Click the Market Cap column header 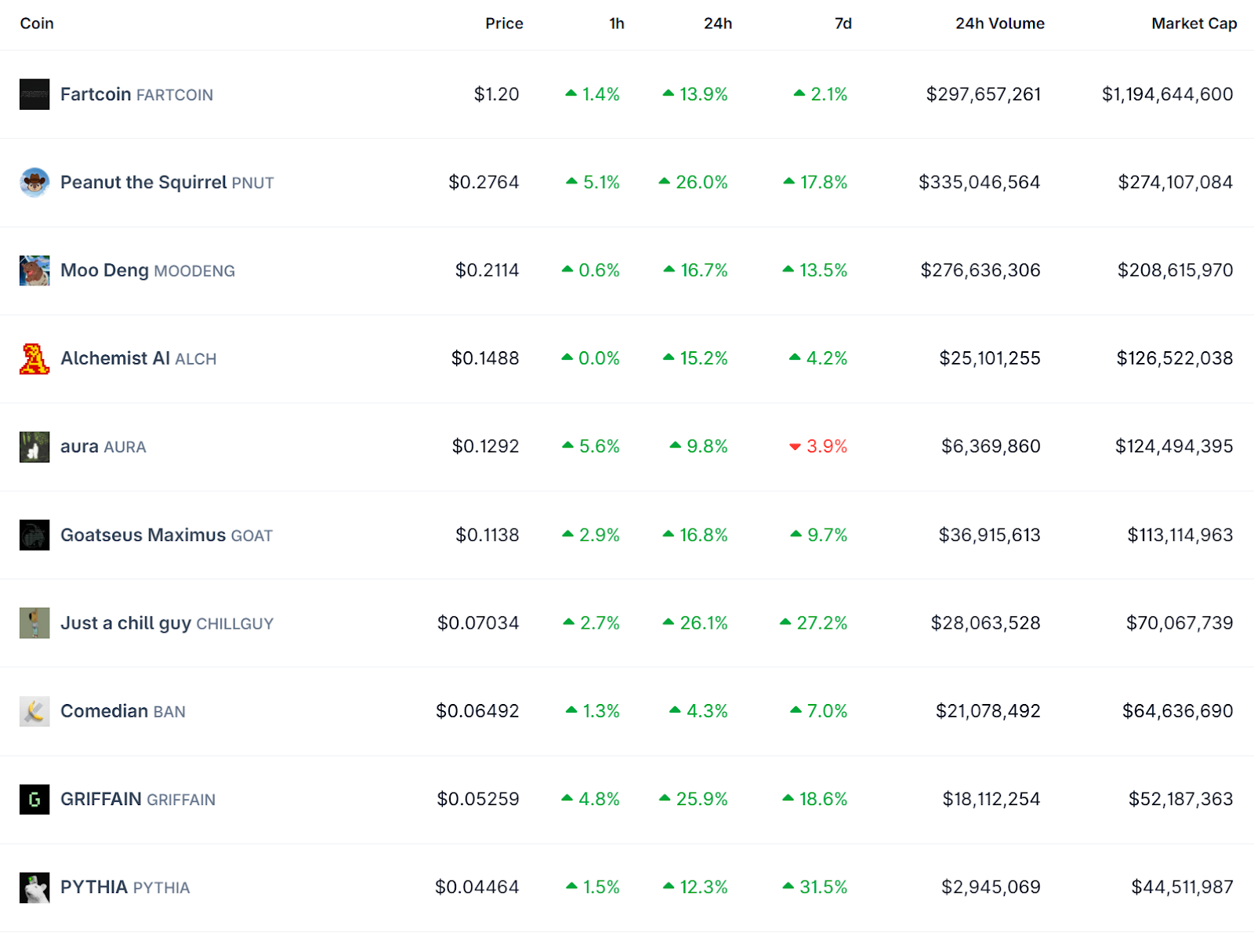pos(1194,24)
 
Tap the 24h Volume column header pos(999,24)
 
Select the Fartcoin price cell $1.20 pos(496,94)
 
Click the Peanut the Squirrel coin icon pos(34,183)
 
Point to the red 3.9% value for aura pos(826,446)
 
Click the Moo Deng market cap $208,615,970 pos(1175,270)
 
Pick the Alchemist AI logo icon pos(34,359)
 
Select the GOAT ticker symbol pos(252,535)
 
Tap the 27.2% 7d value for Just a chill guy pos(821,623)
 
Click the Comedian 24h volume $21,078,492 pos(988,711)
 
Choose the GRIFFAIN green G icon pos(34,800)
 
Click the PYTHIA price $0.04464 pos(477,887)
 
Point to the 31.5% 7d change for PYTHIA pos(823,887)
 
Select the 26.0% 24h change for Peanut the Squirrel pos(701,183)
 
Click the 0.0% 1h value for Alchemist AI pos(599,359)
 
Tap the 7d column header pos(843,24)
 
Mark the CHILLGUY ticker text pos(234,624)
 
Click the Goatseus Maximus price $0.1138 pos(487,535)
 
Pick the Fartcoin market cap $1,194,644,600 pos(1167,94)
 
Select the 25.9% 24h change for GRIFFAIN pos(701,800)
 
